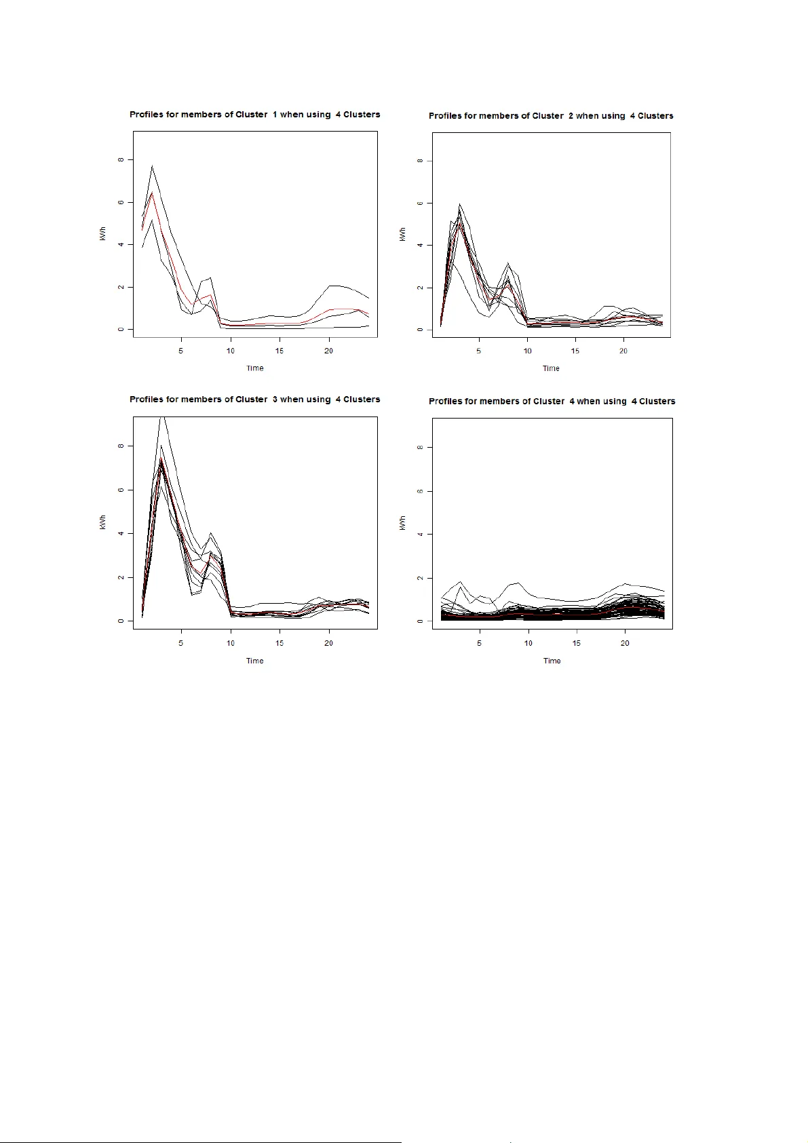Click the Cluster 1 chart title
[254, 115]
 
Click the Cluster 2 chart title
[551, 116]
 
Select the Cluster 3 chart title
[254, 400]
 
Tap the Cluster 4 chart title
[552, 402]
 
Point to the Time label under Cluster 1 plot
[255, 368]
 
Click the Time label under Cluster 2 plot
[551, 368]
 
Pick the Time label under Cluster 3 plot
[255, 661]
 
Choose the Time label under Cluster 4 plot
[552, 661]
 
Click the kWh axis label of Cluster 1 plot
[103, 234]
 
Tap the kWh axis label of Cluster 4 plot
[403, 522]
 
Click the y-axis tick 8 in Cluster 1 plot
[121, 160]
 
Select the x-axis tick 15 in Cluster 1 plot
[280, 351]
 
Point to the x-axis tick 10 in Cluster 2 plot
[527, 351]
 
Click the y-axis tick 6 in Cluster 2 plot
[421, 204]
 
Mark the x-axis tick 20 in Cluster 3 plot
[328, 642]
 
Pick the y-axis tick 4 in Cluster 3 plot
[121, 534]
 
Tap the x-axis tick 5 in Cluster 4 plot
[480, 642]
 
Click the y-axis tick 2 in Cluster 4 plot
[421, 578]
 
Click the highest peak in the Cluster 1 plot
[152, 166]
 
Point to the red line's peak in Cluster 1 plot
[152, 193]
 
